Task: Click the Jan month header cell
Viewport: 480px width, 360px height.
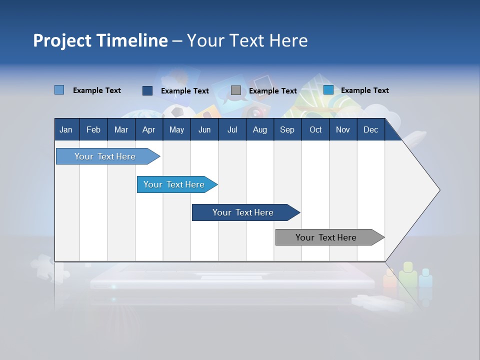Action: pyautogui.click(x=66, y=129)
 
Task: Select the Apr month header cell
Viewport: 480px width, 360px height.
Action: pyautogui.click(x=149, y=129)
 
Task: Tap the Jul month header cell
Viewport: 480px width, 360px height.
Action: pyautogui.click(x=232, y=129)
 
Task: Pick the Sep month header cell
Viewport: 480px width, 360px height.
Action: pyautogui.click(x=287, y=129)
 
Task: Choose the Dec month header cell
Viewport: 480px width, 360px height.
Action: pyautogui.click(x=370, y=129)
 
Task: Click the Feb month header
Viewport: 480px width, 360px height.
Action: pyautogui.click(x=93, y=129)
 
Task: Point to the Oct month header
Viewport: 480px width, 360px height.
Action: pyautogui.click(x=315, y=129)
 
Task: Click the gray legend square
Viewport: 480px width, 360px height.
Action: pyautogui.click(x=236, y=90)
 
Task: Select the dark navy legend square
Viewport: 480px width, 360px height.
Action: pyautogui.click(x=147, y=90)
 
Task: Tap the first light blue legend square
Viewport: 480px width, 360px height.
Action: pyautogui.click(x=59, y=90)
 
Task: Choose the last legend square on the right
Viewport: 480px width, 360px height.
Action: pyautogui.click(x=328, y=90)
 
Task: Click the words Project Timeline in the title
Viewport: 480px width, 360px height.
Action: pyautogui.click(x=100, y=40)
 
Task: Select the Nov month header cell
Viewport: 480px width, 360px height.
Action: pyautogui.click(x=343, y=129)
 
